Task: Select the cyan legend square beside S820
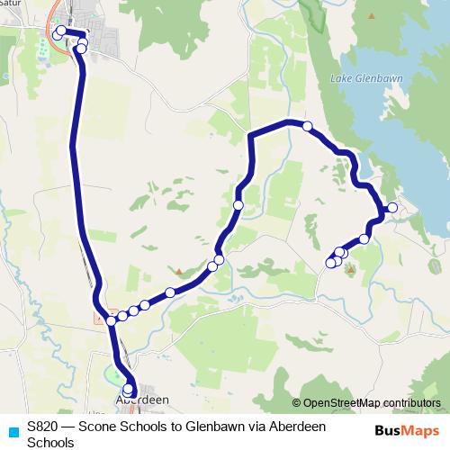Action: click(x=13, y=429)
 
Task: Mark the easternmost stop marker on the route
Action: click(x=392, y=208)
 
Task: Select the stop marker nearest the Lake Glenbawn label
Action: click(x=308, y=126)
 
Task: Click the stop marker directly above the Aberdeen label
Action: click(x=128, y=390)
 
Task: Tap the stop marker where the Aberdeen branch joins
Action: click(x=112, y=320)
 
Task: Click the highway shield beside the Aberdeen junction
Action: click(x=100, y=318)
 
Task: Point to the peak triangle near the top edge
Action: click(x=372, y=15)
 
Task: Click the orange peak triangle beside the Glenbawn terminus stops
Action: click(x=350, y=267)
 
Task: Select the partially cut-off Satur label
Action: click(x=11, y=5)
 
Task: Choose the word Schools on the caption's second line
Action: click(x=50, y=443)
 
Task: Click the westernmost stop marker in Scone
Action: click(x=57, y=34)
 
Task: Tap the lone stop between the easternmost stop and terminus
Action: click(x=364, y=238)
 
